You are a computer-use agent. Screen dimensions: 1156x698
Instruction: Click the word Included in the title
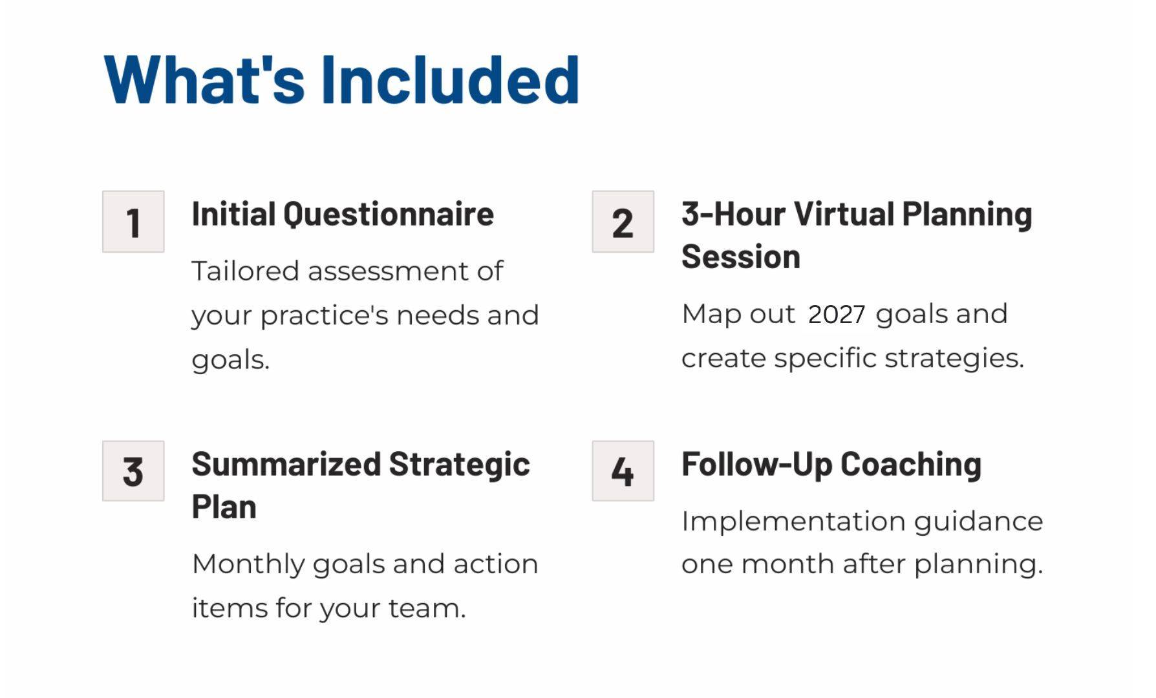click(450, 79)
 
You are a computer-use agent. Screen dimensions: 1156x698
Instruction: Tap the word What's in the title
click(204, 79)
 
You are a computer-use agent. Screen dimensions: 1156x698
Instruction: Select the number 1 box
click(133, 222)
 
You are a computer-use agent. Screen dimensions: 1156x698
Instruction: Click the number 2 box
click(623, 222)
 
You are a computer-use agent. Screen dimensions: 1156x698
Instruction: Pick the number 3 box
click(133, 471)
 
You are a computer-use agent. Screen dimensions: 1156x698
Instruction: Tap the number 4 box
click(623, 471)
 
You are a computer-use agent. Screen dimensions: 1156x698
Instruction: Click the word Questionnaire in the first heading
click(389, 215)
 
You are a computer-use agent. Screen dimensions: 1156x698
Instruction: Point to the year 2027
click(837, 315)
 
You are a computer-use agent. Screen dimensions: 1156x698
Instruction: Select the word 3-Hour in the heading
click(733, 214)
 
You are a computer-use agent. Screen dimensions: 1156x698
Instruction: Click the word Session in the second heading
click(741, 257)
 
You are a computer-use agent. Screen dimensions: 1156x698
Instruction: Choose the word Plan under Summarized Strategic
click(224, 507)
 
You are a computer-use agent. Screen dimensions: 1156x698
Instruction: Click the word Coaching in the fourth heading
click(911, 465)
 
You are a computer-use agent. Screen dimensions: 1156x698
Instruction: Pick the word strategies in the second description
click(954, 358)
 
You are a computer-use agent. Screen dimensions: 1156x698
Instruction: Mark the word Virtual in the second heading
click(844, 214)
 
